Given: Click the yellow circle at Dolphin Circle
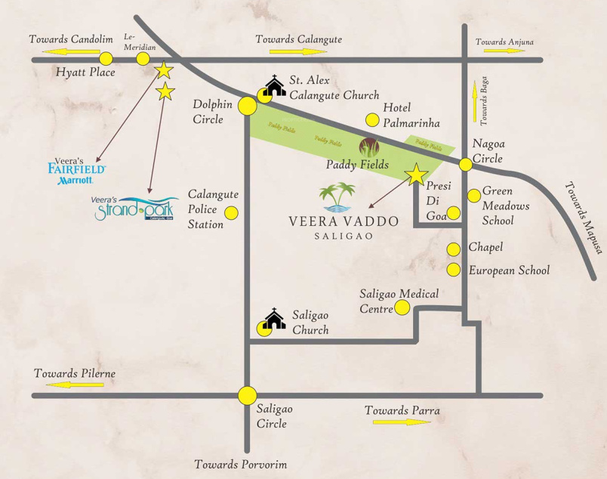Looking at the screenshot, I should pyautogui.click(x=247, y=106).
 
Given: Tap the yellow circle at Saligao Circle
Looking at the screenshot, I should pyautogui.click(x=247, y=395).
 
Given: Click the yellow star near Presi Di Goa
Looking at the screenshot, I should pyautogui.click(x=414, y=175).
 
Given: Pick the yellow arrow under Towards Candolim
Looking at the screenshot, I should pyautogui.click(x=71, y=52).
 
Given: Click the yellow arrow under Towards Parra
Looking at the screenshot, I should pyautogui.click(x=402, y=422).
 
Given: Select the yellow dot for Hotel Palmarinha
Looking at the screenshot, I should pyautogui.click(x=372, y=119).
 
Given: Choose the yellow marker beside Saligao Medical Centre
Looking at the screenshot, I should pyautogui.click(x=402, y=307).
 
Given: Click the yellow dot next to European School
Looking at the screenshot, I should pyautogui.click(x=454, y=270).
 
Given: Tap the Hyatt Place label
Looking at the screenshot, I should pyautogui.click(x=85, y=73).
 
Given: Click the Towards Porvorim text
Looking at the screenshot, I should pyautogui.click(x=240, y=464).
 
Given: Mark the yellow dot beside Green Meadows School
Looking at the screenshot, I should pyautogui.click(x=473, y=196).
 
